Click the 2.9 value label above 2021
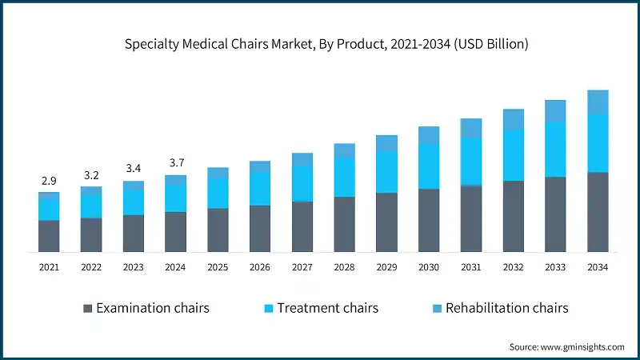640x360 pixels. pyautogui.click(x=50, y=182)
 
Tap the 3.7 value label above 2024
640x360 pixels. pyautogui.click(x=176, y=163)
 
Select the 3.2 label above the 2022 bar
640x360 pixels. pyautogui.click(x=91, y=175)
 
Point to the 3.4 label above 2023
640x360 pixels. pyautogui.click(x=134, y=169)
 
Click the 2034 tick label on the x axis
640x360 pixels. pyautogui.click(x=598, y=268)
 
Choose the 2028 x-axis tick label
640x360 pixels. pyautogui.click(x=345, y=268)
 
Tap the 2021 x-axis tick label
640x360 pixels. pyautogui.click(x=50, y=268)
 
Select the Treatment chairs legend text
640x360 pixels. pyautogui.click(x=327, y=308)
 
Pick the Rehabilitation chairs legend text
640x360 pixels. pyautogui.click(x=506, y=308)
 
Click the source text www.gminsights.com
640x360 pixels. pyautogui.click(x=566, y=346)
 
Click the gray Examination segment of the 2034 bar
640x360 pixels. pyautogui.click(x=598, y=212)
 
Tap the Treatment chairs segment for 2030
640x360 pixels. pyautogui.click(x=429, y=166)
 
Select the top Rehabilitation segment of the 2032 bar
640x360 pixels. pyautogui.click(x=514, y=119)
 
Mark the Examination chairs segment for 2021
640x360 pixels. pyautogui.click(x=50, y=236)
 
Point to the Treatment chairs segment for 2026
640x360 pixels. pyautogui.click(x=260, y=189)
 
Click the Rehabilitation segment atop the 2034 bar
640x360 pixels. pyautogui.click(x=598, y=102)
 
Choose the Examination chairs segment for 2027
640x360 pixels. pyautogui.click(x=302, y=226)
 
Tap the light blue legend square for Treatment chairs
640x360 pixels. pyautogui.click(x=269, y=308)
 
